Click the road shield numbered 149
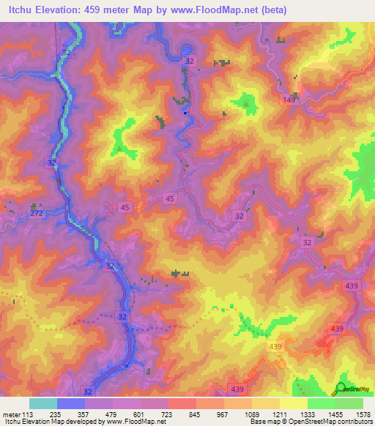(x=290, y=100)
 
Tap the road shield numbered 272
(x=37, y=213)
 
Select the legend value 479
(x=112, y=413)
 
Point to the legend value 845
(x=196, y=413)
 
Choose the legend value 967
(x=223, y=413)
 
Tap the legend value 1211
(x=279, y=413)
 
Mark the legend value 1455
(x=335, y=413)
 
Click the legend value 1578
(x=363, y=413)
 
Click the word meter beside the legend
(x=11, y=413)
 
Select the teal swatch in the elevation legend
(x=42, y=403)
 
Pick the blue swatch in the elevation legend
(x=70, y=403)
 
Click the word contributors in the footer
(x=354, y=422)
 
